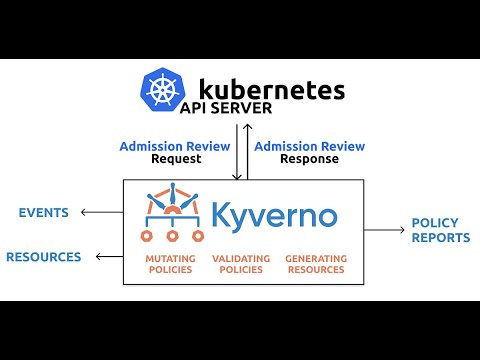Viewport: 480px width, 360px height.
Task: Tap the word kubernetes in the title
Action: pos(272,88)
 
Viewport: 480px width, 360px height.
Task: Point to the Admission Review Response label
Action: pos(309,152)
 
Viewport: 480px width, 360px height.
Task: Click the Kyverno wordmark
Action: pos(273,215)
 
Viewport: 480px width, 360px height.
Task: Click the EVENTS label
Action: pos(43,212)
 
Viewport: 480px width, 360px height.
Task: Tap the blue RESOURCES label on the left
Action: pos(43,257)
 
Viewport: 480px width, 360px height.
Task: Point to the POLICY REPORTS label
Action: pos(440,231)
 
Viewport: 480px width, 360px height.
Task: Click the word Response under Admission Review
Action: pos(309,159)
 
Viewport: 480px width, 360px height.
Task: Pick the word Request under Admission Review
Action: pos(177,159)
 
